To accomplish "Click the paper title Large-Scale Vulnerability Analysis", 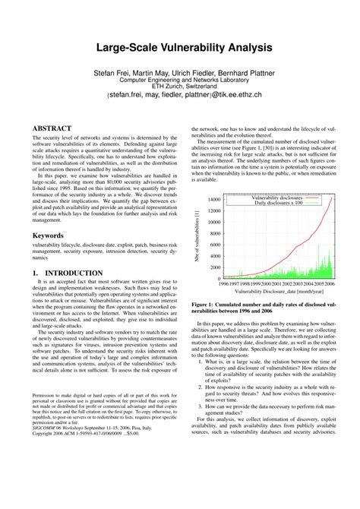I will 180,47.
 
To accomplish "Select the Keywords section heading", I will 47,236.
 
